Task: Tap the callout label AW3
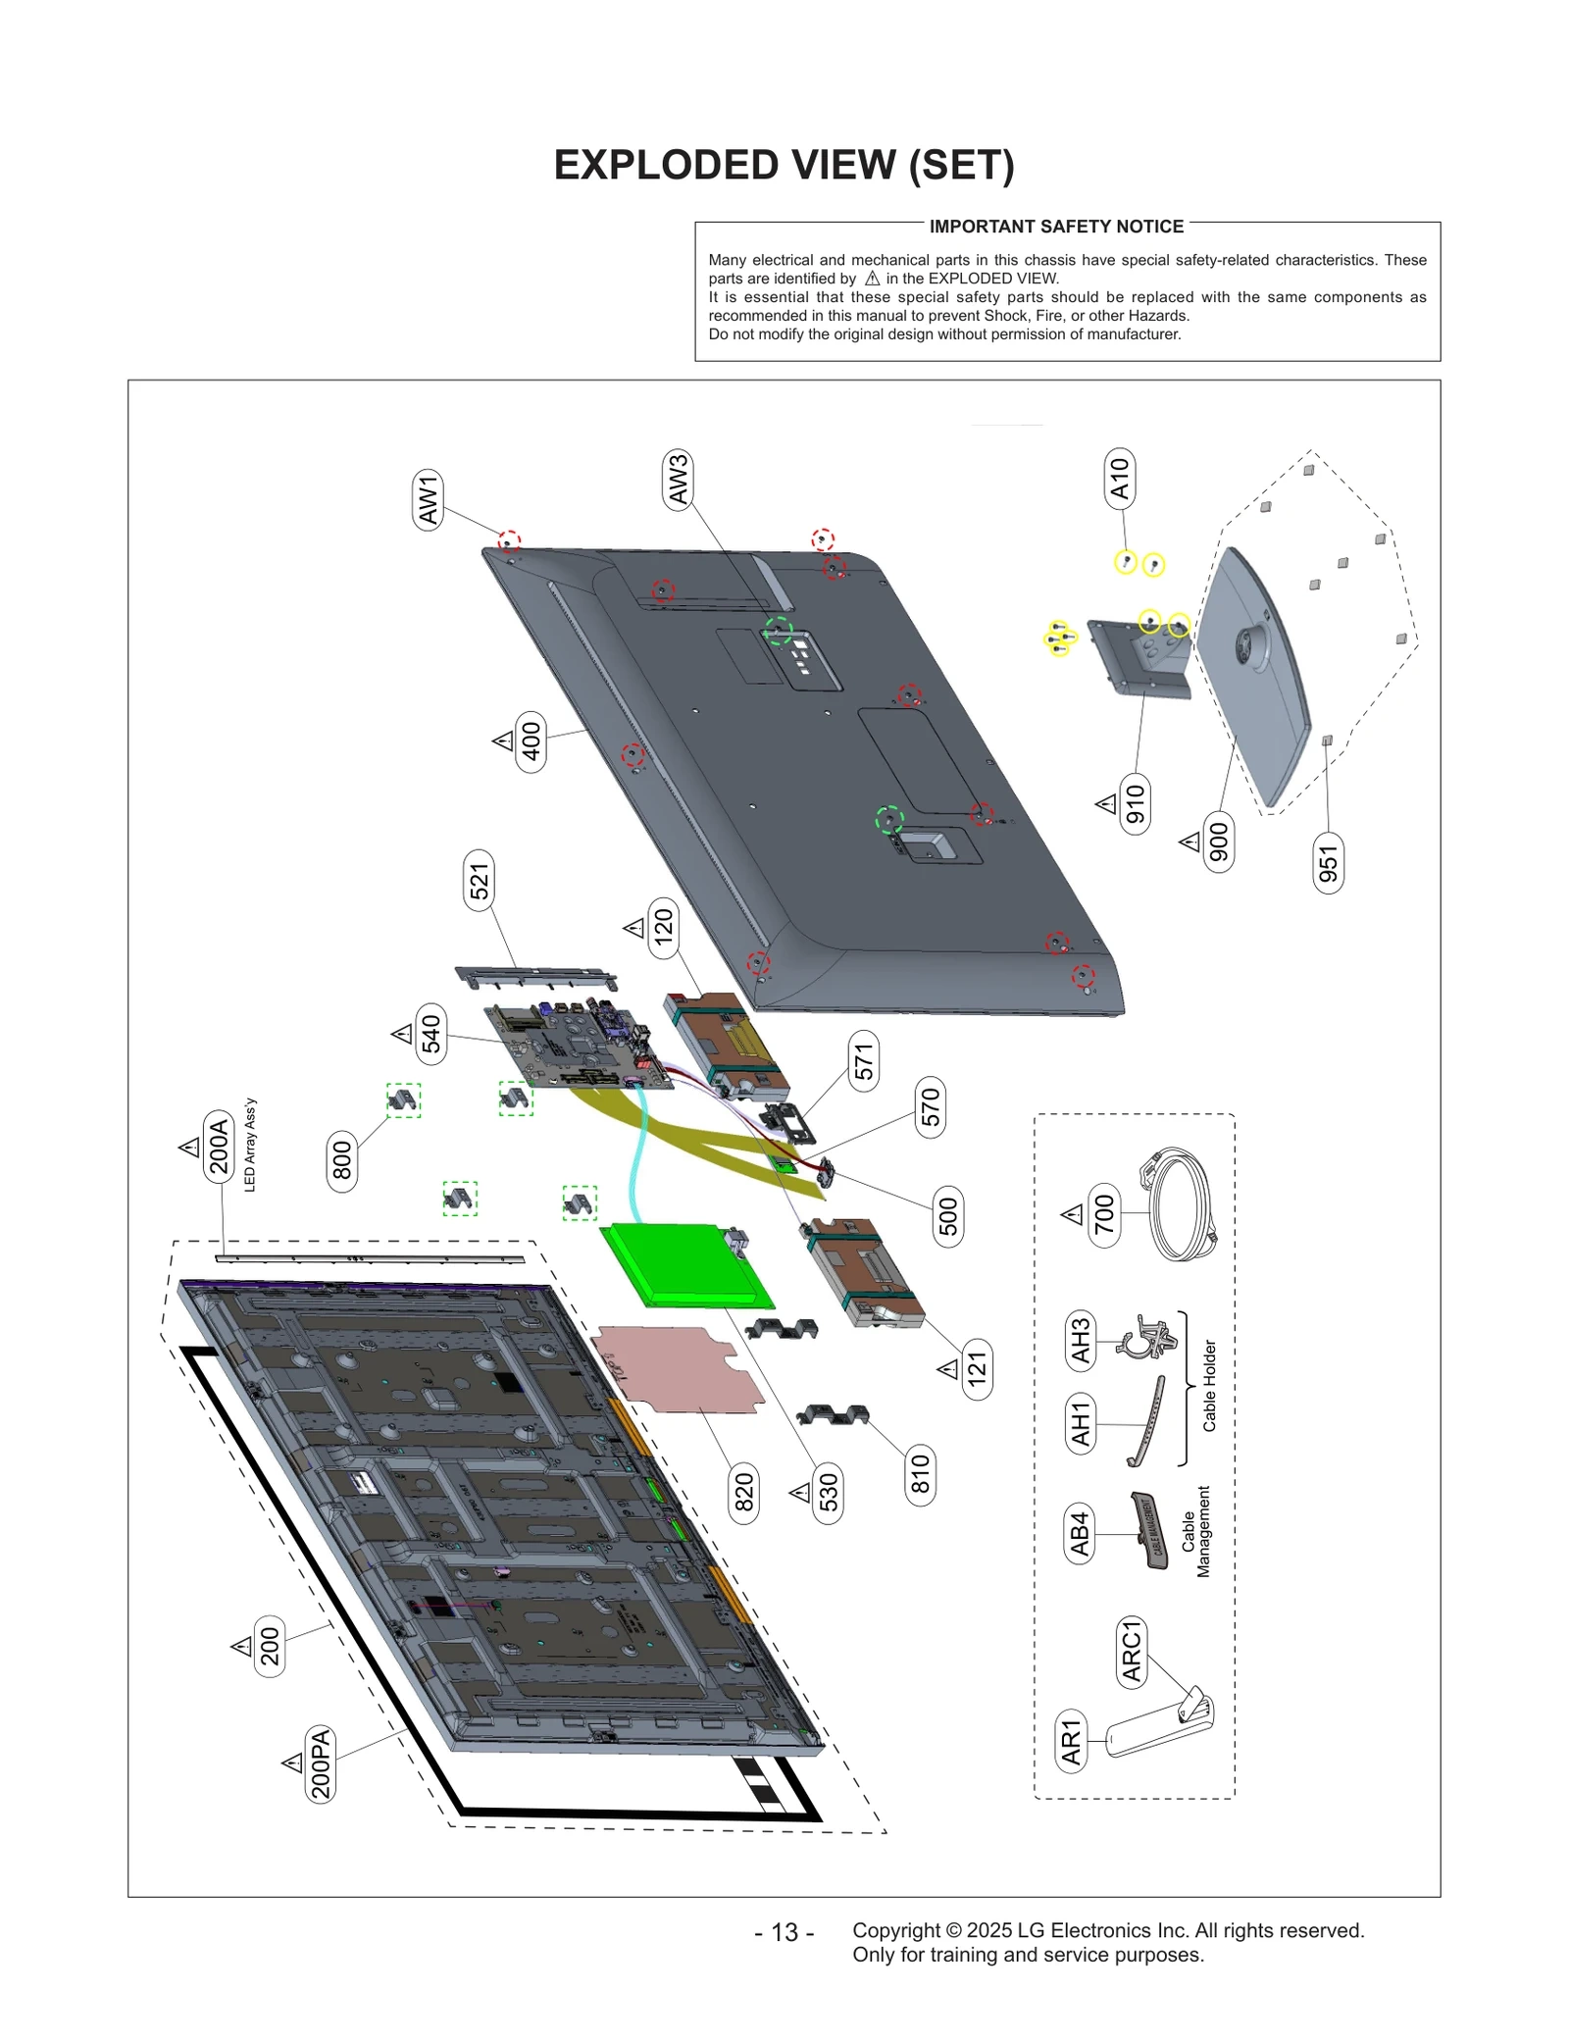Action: [x=678, y=480]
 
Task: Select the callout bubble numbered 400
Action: [x=531, y=741]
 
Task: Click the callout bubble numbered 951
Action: [x=1328, y=862]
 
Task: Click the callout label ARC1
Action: [x=1132, y=1652]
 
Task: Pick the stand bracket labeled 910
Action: [x=1139, y=657]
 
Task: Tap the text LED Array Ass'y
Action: [x=250, y=1145]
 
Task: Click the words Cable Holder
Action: [x=1209, y=1385]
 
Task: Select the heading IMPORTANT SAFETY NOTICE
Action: [x=1056, y=227]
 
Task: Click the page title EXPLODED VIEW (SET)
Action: [x=784, y=165]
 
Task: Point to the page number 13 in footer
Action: [x=784, y=1932]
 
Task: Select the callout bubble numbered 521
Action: [x=479, y=880]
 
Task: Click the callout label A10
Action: [x=1119, y=479]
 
